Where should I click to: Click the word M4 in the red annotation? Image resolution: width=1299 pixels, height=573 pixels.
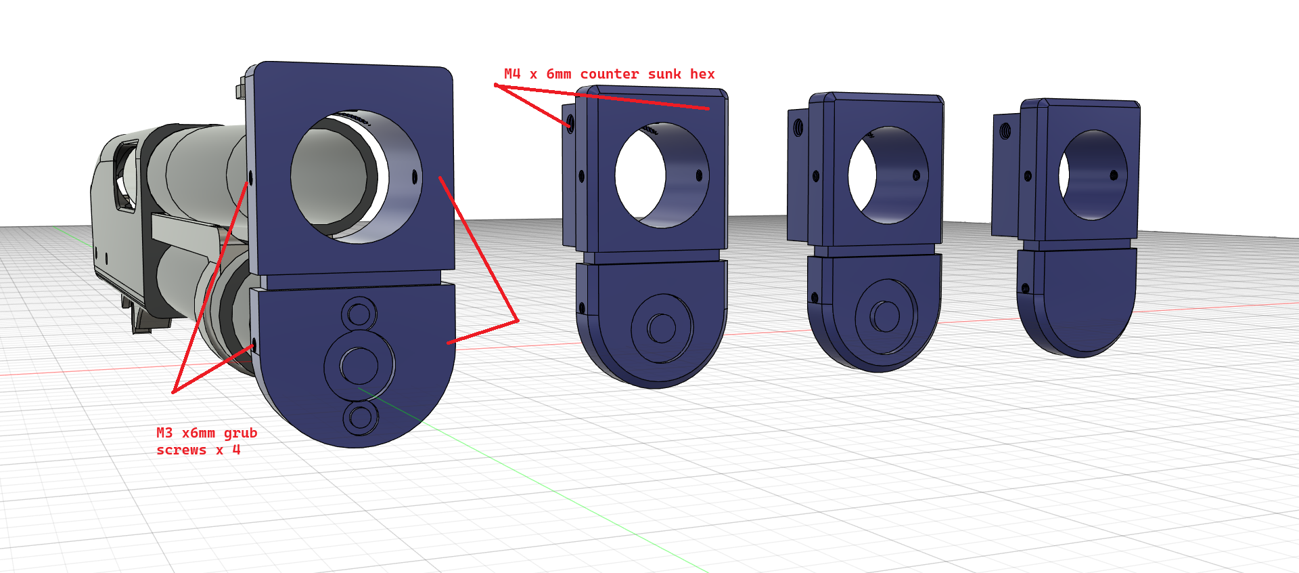512,74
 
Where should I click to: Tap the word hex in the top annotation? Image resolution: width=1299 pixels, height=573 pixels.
702,74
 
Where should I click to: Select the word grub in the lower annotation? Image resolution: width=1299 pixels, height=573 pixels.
240,433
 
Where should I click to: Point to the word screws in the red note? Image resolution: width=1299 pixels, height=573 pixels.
181,450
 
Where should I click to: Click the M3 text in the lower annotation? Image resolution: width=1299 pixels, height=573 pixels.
164,433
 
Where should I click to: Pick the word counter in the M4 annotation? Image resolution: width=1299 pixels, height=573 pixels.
609,74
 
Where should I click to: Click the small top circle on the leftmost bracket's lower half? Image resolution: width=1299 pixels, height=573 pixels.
359,314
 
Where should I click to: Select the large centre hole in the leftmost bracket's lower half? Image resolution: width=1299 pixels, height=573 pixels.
359,366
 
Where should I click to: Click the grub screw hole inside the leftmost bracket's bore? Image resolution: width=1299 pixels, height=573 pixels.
415,177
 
